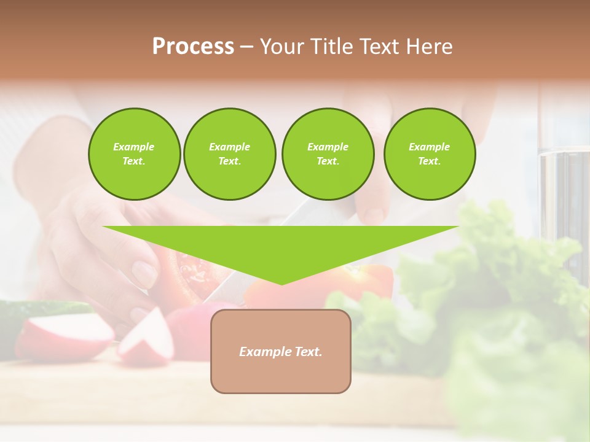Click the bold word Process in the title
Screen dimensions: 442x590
click(x=193, y=47)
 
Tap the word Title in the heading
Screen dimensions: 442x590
click(x=329, y=47)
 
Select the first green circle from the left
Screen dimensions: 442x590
click(x=134, y=153)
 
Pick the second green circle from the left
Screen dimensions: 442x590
click(x=229, y=153)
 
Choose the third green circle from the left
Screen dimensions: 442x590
click(x=328, y=153)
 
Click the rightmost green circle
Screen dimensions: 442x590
click(x=429, y=153)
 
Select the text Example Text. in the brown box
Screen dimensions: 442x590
click(x=281, y=352)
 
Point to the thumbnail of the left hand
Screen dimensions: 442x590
click(x=145, y=273)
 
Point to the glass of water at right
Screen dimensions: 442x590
click(x=562, y=196)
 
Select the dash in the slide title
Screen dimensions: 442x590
click(x=246, y=47)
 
